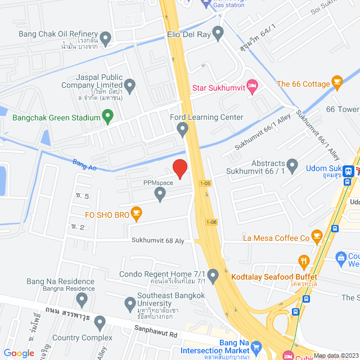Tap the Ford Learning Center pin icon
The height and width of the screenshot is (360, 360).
(182, 130)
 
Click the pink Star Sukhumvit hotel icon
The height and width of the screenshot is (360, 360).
(252, 87)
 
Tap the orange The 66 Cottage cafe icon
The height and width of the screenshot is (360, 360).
(337, 84)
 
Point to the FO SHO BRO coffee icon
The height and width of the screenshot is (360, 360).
(136, 213)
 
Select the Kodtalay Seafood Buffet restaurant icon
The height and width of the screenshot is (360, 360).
(304, 261)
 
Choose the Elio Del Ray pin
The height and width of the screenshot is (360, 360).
(218, 33)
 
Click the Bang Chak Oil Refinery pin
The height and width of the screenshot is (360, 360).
(106, 38)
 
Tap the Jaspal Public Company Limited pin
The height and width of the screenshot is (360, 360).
(130, 86)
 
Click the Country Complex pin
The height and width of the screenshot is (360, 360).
(100, 323)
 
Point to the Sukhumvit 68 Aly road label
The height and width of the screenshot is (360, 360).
(158, 240)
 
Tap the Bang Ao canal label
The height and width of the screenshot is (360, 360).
(85, 165)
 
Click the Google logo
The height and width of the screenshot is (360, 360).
(19, 353)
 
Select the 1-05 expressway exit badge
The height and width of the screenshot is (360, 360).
(206, 183)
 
